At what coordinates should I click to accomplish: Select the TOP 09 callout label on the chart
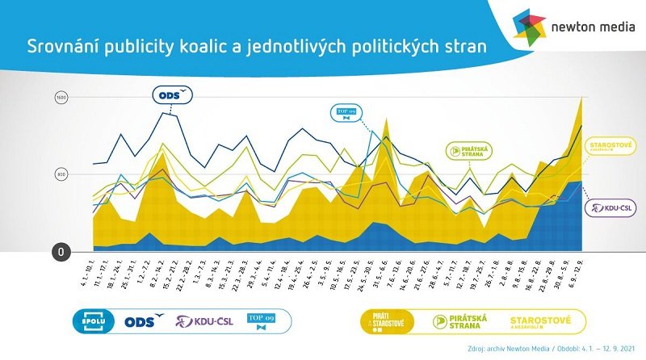pyautogui.click(x=345, y=113)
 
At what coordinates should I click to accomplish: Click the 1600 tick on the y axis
pyautogui.click(x=60, y=98)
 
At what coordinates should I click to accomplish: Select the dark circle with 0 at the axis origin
pyautogui.click(x=60, y=251)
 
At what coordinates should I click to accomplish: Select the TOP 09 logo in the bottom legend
pyautogui.click(x=260, y=321)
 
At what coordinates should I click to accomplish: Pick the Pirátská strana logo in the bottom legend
pyautogui.click(x=458, y=321)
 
